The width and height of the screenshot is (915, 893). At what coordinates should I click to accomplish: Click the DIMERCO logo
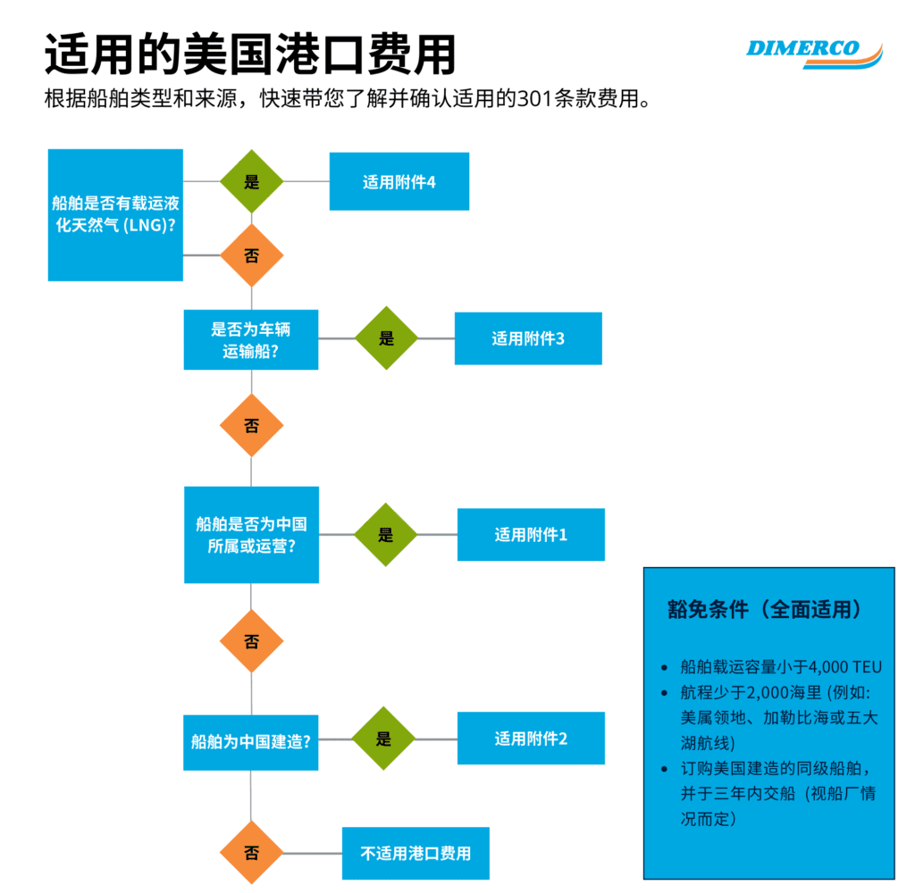(x=814, y=54)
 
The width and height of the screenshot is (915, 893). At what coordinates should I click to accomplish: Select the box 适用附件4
(x=399, y=181)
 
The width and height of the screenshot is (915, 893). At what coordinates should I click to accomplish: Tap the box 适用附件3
(x=528, y=338)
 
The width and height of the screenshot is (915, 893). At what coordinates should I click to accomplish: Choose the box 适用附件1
(x=531, y=534)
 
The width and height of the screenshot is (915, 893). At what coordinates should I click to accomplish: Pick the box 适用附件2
(x=531, y=739)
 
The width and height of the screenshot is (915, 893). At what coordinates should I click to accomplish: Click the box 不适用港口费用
(x=416, y=854)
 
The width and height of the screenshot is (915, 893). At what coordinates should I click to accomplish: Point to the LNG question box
(x=115, y=215)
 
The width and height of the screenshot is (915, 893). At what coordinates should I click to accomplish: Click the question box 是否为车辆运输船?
(x=251, y=340)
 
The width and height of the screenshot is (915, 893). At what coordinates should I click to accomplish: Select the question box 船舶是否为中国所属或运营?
(x=251, y=535)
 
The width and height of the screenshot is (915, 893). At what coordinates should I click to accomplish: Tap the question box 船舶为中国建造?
(x=251, y=742)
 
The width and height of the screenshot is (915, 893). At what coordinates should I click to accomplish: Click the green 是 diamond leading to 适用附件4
(x=251, y=181)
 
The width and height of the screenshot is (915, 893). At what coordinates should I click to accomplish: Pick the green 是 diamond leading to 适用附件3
(x=386, y=338)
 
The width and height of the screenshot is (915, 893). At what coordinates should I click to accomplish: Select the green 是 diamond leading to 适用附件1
(x=386, y=534)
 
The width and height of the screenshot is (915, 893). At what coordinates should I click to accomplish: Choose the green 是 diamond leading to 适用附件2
(x=383, y=739)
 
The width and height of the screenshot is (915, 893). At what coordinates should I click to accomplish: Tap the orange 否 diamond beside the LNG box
(x=251, y=255)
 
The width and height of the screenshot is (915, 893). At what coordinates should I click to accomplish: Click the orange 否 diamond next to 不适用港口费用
(x=251, y=853)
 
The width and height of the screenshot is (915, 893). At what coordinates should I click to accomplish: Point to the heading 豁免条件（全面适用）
(x=765, y=609)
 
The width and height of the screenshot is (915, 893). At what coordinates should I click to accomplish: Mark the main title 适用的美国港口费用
(x=250, y=54)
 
